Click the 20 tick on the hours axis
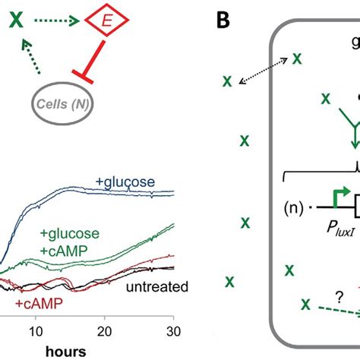click(x=106, y=331)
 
